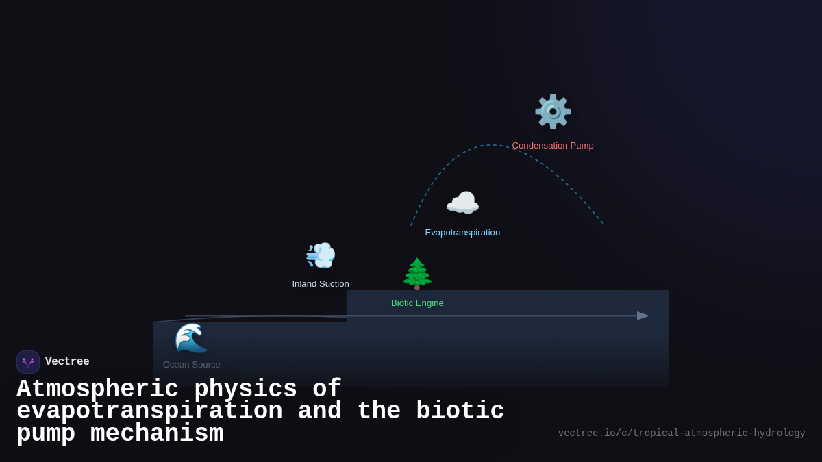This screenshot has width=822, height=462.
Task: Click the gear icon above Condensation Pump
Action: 553,112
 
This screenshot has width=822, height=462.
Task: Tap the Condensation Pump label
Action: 553,146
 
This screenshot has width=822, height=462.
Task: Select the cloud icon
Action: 462,203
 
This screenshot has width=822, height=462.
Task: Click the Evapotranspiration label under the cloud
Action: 462,233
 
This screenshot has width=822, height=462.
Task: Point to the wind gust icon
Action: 321,255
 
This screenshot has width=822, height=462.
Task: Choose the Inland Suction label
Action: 321,284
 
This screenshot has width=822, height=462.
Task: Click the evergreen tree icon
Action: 417,273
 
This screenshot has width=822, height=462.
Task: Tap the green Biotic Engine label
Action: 417,303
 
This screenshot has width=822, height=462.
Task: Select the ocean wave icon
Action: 191,338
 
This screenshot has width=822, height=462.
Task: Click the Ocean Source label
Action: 192,365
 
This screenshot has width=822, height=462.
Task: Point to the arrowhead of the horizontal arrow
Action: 643,316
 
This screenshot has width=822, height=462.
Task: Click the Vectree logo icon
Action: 28,362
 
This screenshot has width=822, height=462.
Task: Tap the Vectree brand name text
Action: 67,362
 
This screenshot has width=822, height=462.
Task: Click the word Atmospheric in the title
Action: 97,389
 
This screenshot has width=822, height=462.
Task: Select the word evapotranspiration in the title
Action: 149,411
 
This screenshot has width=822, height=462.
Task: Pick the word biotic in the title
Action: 460,411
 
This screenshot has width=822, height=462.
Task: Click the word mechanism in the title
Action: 157,434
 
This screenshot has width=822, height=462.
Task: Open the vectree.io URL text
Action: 682,433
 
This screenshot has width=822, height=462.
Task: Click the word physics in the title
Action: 245,389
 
